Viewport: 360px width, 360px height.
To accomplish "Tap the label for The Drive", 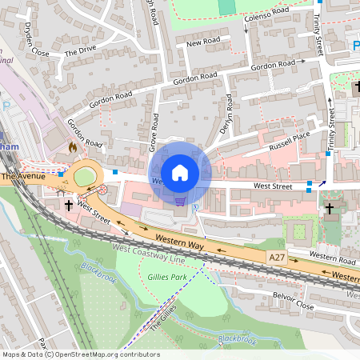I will point(80,51).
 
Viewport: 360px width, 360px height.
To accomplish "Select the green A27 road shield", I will point(278,256).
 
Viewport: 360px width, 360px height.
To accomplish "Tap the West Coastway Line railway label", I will point(149,254).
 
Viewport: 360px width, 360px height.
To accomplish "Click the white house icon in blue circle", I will point(180,172).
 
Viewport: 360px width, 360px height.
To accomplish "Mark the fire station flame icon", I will point(74,147).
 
